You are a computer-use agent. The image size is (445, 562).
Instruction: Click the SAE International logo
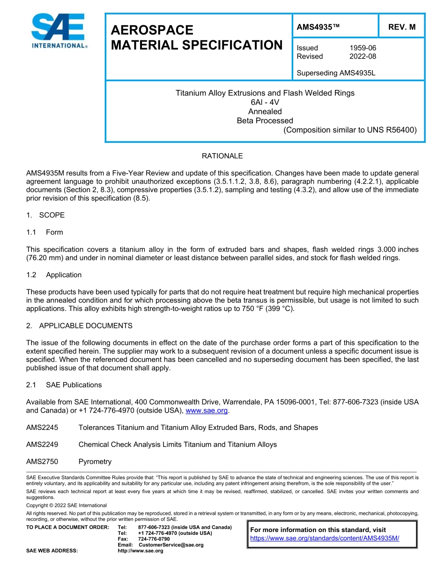point(58,31)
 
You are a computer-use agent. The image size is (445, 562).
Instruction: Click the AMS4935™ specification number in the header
point(318,27)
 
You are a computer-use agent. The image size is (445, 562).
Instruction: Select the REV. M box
point(401,27)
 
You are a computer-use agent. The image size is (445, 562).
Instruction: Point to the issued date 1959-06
point(363,48)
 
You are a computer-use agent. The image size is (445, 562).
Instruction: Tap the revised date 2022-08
point(363,56)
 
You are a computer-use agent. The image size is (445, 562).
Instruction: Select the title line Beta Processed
point(265,120)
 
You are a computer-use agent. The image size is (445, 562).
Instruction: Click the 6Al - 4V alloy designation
point(265,102)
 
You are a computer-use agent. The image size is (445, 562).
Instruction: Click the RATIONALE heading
point(222,155)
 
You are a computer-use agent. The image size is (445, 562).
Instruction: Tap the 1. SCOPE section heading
point(45,215)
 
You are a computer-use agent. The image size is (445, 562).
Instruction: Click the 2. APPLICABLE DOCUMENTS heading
point(79,325)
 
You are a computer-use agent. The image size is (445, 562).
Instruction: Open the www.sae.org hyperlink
point(207,411)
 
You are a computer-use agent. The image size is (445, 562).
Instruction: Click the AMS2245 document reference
point(42,427)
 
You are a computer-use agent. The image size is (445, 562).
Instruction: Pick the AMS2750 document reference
point(42,461)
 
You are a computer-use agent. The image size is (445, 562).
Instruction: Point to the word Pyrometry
point(95,461)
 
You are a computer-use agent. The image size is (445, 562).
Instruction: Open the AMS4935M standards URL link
point(325,538)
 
